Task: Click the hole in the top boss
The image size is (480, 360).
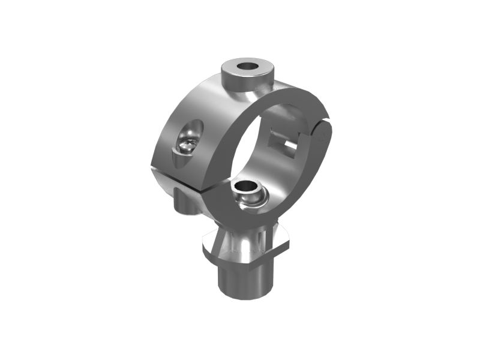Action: coord(247,65)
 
